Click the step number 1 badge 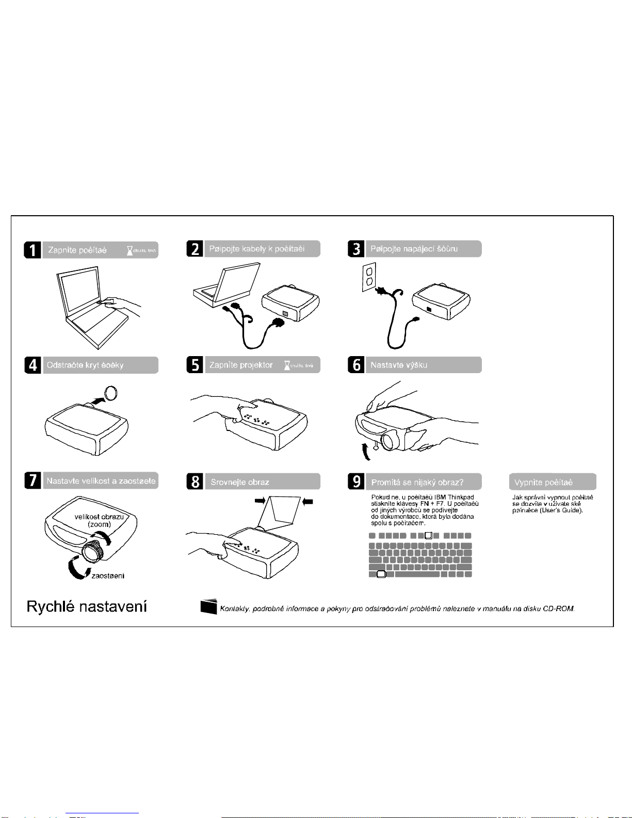(33, 250)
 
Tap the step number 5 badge (195, 365)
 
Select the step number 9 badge (356, 482)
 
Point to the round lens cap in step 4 (111, 393)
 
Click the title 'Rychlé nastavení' (87, 606)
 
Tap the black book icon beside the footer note (209, 607)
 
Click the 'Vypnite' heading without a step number (544, 482)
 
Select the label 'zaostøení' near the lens (108, 575)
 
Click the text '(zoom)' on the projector (99, 524)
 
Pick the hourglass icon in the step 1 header (130, 250)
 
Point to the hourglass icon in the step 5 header (287, 365)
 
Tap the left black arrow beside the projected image (260, 500)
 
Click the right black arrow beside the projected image (307, 501)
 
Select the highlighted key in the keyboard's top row (428, 535)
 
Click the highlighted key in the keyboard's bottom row (381, 574)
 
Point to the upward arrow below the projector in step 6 (365, 451)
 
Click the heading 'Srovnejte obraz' (240, 482)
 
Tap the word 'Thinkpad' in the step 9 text (461, 497)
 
